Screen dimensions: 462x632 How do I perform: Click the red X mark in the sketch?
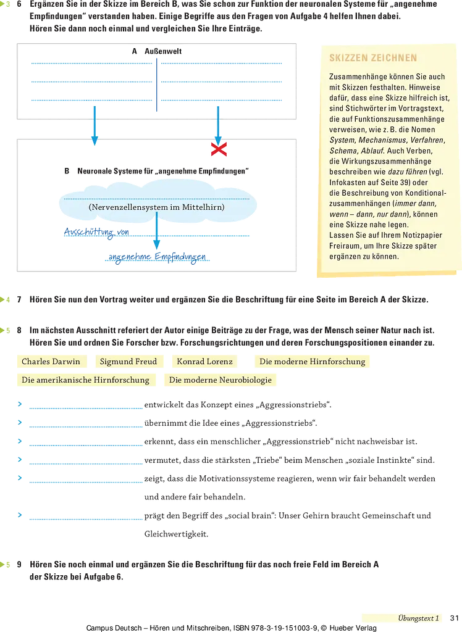pos(219,149)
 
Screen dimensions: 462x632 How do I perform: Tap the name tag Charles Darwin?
pos(51,361)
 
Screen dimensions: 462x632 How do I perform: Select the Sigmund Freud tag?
pos(128,361)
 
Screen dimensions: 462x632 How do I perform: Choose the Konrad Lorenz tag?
pos(204,361)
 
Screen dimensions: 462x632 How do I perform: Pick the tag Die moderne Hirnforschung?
pos(313,361)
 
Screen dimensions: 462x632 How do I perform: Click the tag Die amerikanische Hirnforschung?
pos(85,380)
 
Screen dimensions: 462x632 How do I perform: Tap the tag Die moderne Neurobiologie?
pos(220,380)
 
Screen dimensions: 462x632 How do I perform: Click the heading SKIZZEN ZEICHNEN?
pos(373,57)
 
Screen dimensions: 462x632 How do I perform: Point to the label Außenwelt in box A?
pos(163,51)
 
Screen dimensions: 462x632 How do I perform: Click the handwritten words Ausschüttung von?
pos(96,232)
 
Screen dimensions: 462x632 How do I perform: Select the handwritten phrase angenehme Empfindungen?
pos(157,257)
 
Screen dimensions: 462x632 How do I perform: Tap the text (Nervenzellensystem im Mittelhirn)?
pos(156,207)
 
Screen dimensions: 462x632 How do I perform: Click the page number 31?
pos(455,618)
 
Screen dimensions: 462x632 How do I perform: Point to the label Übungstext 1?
pos(418,618)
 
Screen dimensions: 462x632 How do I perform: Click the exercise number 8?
pos(19,331)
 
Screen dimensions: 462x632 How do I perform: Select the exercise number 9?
pos(19,564)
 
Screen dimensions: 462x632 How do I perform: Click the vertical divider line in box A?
pos(157,85)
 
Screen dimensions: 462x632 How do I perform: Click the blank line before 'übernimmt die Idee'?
pos(86,426)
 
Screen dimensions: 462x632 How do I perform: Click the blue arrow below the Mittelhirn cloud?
pos(157,231)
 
